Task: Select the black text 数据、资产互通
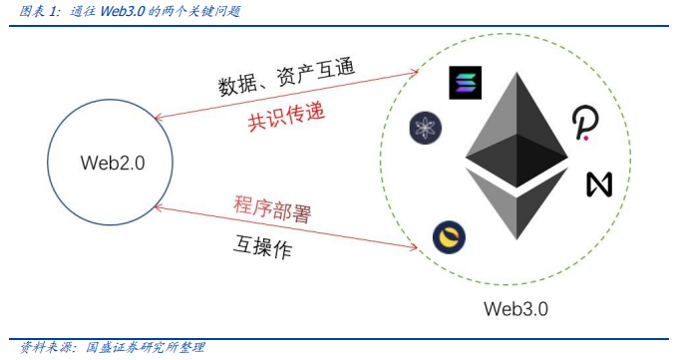coord(287,78)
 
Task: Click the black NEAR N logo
coord(598,184)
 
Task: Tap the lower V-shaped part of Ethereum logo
coord(516,204)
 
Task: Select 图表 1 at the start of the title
coord(32,12)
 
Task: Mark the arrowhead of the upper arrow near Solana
coord(418,72)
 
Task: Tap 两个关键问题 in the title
coord(204,12)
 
